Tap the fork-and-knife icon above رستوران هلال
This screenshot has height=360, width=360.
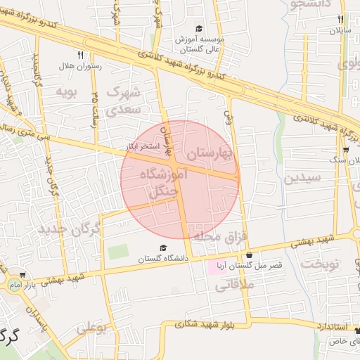click(81, 54)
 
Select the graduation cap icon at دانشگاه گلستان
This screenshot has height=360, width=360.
click(163, 247)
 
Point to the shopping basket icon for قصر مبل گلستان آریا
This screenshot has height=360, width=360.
click(247, 255)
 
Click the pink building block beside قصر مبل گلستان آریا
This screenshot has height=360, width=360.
click(212, 267)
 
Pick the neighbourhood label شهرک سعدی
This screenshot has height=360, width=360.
click(124, 101)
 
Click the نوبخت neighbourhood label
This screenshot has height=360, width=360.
click(320, 264)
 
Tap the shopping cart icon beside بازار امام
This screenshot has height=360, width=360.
click(23, 275)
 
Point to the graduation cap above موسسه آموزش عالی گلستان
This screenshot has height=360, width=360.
click(199, 29)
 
